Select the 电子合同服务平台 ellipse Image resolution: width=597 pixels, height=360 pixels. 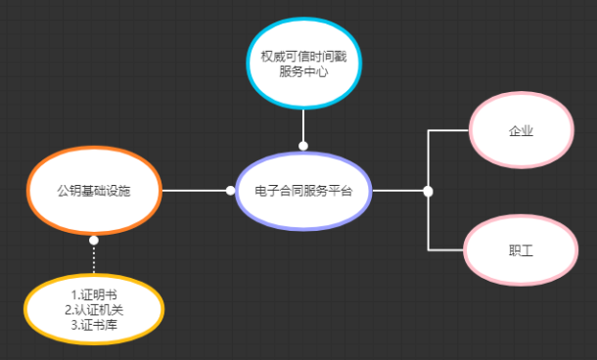pos(303,191)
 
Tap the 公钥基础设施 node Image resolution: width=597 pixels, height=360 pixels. pos(94,190)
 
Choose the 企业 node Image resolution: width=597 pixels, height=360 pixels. pos(521,131)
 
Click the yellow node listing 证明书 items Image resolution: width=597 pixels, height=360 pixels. pos(94,310)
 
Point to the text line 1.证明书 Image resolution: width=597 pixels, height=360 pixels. pos(94,294)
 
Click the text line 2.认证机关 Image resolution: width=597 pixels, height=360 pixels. pos(94,310)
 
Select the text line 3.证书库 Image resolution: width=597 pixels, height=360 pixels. pos(94,325)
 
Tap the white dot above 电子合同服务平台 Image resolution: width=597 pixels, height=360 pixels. pos(303,146)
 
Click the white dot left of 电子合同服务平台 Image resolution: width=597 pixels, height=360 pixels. pos(230,191)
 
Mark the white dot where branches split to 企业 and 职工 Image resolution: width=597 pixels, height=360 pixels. pos(428,191)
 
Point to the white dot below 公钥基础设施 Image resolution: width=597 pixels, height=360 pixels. pos(94,240)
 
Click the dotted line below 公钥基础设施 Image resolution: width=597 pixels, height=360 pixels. pos(94,259)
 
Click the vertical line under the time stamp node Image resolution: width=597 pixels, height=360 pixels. pos(303,125)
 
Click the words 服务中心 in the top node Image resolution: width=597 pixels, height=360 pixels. pos(303,71)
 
